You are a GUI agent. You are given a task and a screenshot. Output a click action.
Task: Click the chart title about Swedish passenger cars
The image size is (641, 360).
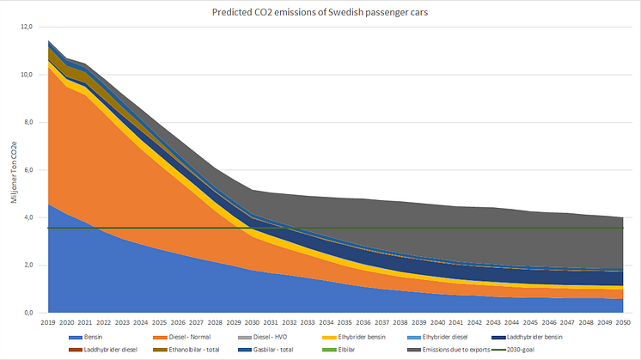coord(320,12)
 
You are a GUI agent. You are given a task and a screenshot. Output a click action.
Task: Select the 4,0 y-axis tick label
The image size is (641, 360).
coord(27,217)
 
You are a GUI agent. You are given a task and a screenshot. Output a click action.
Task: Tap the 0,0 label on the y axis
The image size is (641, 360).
coord(27,313)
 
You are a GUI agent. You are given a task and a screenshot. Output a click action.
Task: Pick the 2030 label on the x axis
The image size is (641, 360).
coord(253,323)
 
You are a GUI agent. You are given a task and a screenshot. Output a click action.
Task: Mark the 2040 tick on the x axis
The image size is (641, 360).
coord(437,323)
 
